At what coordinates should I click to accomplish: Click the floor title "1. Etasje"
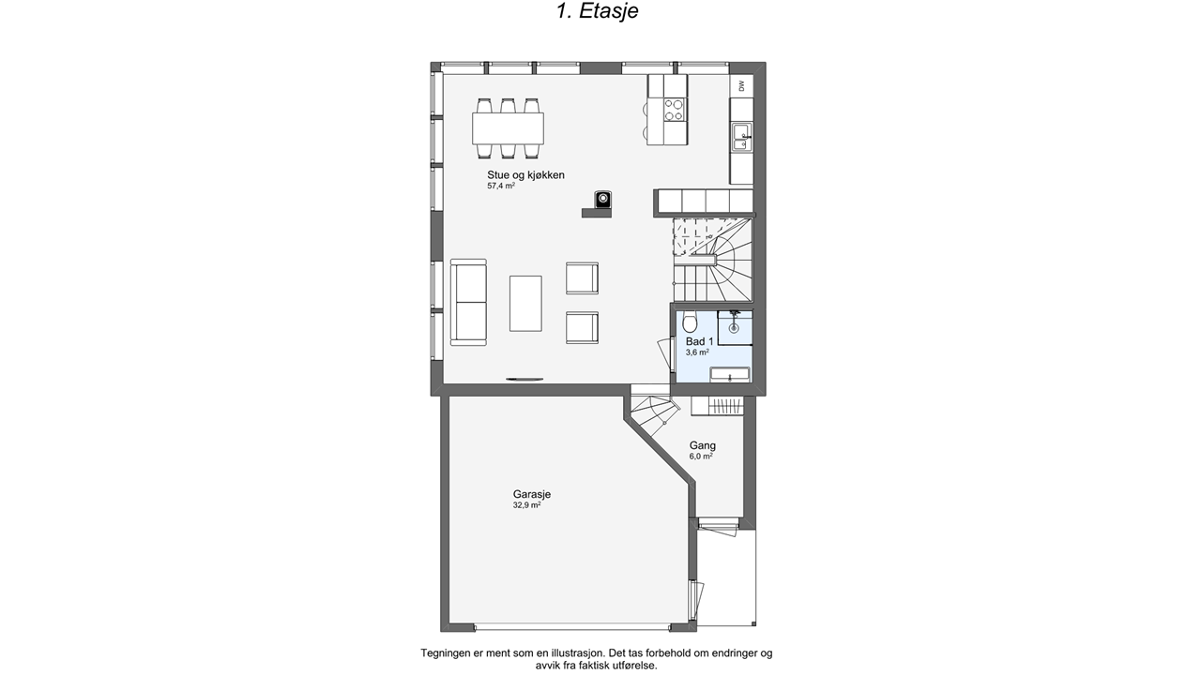pos(598,10)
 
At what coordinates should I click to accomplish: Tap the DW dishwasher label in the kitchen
pos(742,85)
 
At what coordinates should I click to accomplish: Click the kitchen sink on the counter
pos(742,137)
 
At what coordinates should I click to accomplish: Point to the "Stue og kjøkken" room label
pos(525,175)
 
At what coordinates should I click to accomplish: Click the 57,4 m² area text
pos(501,186)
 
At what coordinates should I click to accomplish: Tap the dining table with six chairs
pos(508,128)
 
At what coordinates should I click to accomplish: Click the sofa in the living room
pos(468,302)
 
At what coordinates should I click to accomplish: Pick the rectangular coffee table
pos(525,303)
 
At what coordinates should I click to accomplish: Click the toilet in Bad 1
pos(690,322)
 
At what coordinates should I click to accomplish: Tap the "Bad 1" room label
pos(700,342)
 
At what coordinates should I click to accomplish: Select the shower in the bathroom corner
pos(735,327)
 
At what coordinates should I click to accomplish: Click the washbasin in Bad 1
pos(730,374)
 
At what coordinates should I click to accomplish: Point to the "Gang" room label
pos(703,445)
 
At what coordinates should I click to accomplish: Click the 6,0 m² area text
pos(701,457)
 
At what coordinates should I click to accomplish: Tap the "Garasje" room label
pos(532,494)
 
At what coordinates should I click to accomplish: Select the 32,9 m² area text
pos(526,505)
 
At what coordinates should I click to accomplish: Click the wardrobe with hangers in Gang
pos(718,406)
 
